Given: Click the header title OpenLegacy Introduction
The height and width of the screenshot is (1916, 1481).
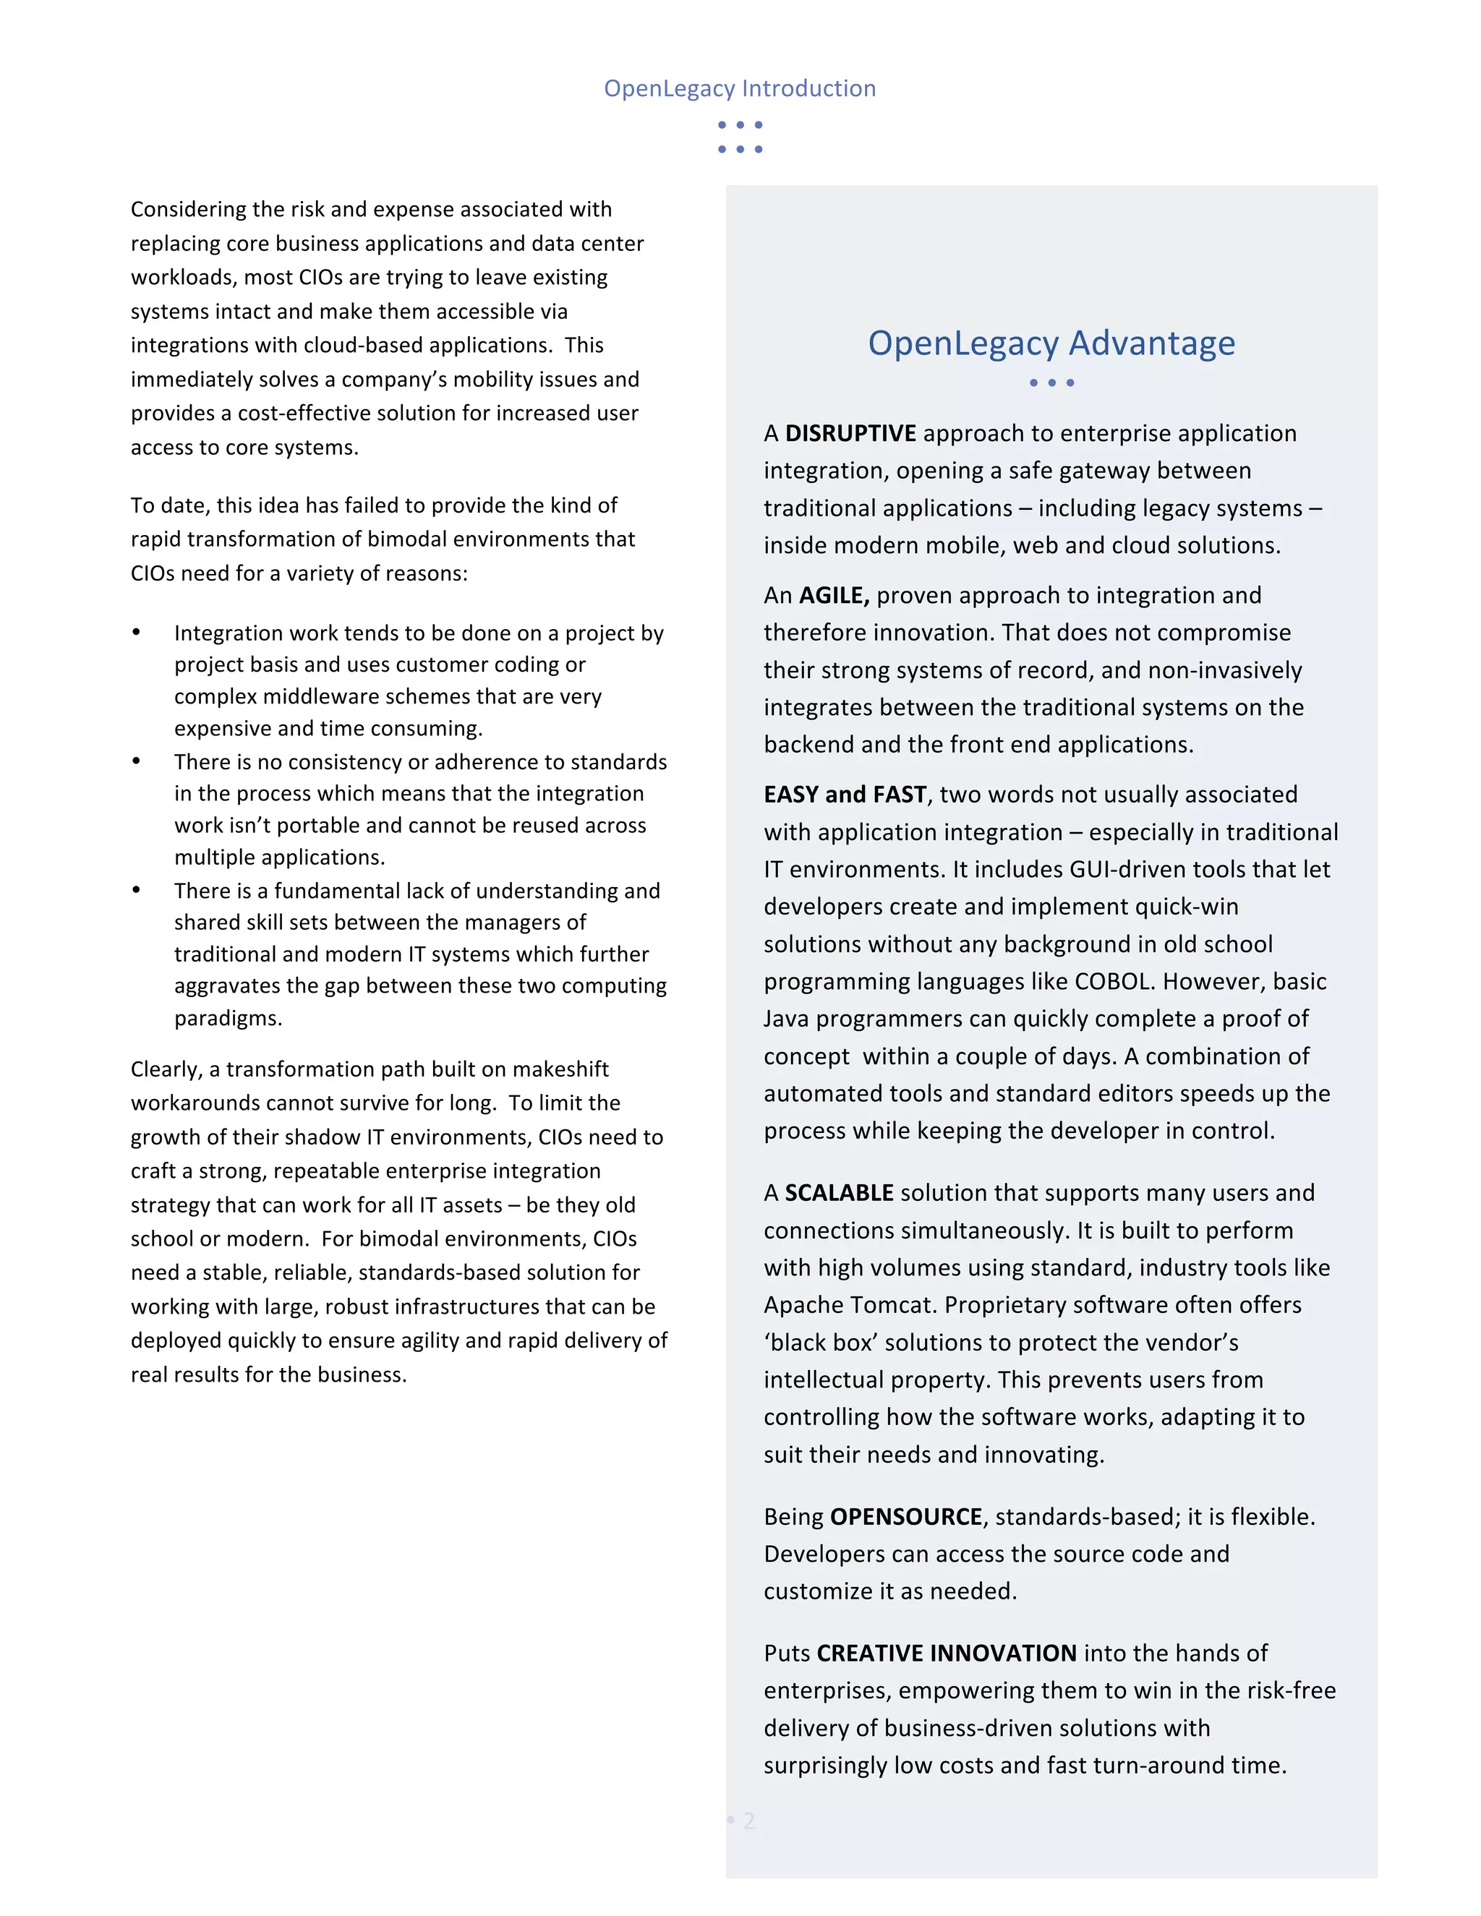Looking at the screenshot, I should tap(739, 89).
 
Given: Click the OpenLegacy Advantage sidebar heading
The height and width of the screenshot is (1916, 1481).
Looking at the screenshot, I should tap(1051, 343).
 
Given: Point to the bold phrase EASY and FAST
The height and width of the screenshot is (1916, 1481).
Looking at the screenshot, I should tap(844, 795).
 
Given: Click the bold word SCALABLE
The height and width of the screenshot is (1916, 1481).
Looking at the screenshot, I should tap(838, 1193).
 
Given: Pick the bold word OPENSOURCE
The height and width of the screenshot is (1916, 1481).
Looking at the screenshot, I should tap(905, 1517).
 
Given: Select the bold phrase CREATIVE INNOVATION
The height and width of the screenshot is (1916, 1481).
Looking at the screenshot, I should tap(946, 1654).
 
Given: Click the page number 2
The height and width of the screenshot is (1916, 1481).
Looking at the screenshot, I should tap(748, 1821).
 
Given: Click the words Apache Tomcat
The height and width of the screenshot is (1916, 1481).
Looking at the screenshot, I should tap(847, 1305).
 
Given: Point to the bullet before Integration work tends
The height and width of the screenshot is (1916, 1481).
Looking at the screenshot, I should tap(136, 633).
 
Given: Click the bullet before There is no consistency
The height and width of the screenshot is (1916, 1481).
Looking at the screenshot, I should tap(136, 761).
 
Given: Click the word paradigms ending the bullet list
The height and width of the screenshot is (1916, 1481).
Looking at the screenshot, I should tap(227, 1019).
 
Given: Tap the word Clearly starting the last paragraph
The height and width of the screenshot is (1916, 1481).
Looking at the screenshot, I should tap(165, 1069).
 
